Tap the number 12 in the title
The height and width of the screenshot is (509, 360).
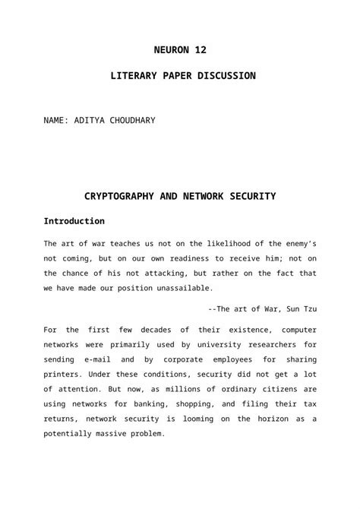tap(201, 50)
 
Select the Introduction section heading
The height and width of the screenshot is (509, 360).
tap(74, 221)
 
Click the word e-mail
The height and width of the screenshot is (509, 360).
tap(103, 359)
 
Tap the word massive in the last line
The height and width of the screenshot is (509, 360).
tap(119, 433)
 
